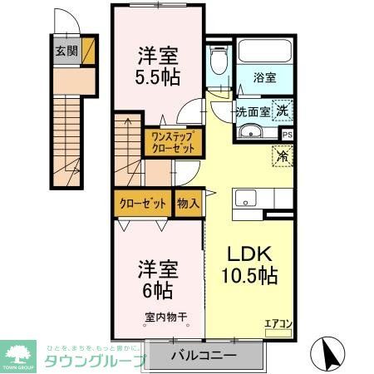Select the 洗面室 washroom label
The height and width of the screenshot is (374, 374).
(x=252, y=111)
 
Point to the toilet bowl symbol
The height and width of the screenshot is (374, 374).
(x=219, y=63)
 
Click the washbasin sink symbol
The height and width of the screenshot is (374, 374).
(x=250, y=132)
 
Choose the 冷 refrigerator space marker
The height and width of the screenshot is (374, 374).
(x=283, y=155)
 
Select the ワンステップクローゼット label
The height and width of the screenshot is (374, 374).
(x=173, y=142)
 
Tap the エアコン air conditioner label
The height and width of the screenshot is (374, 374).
(x=278, y=324)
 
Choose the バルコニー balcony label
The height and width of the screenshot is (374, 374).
(x=204, y=355)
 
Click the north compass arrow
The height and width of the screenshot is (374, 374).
(x=331, y=355)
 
